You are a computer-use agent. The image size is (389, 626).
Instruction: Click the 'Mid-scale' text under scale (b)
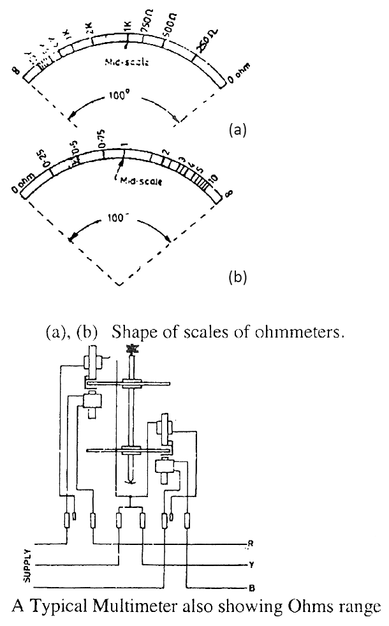[141, 181]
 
